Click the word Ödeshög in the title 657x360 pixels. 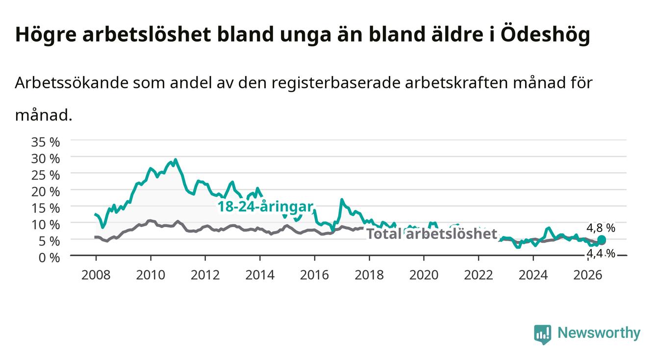click(545, 34)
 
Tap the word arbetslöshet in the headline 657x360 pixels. click(147, 34)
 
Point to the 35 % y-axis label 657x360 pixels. click(46, 142)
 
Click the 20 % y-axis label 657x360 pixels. click(46, 192)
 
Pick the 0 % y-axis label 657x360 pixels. click(49, 257)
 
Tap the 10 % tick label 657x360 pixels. click(46, 225)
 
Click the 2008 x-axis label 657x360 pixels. click(96, 275)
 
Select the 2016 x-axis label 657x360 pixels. click(314, 275)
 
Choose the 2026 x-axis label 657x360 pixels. click(588, 275)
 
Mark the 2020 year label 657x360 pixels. click(424, 275)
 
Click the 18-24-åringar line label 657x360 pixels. click(265, 207)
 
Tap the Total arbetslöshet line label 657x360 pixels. click(432, 234)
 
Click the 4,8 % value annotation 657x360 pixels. click(601, 228)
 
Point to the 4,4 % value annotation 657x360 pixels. click(601, 253)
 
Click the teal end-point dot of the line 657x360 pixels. click(602, 240)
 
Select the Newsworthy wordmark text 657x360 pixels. click(599, 333)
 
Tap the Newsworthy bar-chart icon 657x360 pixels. click(543, 334)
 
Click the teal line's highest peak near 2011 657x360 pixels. click(176, 159)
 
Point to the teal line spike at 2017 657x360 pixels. click(342, 200)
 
